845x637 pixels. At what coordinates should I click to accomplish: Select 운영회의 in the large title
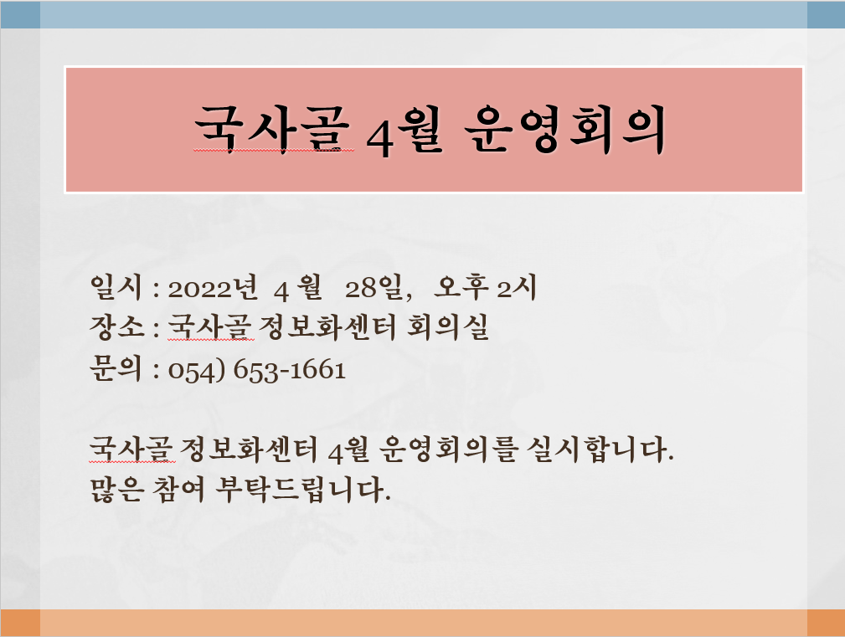click(564, 129)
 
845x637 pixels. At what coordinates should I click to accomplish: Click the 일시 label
click(116, 287)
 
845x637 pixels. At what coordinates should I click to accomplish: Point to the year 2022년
click(213, 288)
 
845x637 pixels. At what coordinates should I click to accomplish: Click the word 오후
click(461, 287)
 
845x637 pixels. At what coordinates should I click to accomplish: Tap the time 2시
click(516, 288)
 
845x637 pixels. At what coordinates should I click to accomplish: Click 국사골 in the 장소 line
click(210, 326)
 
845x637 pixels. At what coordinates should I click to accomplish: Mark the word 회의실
click(447, 326)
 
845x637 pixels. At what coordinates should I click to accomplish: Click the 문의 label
click(116, 368)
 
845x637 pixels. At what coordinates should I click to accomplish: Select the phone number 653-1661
click(290, 371)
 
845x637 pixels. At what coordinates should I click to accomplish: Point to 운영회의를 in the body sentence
click(448, 449)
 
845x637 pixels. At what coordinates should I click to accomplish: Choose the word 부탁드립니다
click(302, 490)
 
